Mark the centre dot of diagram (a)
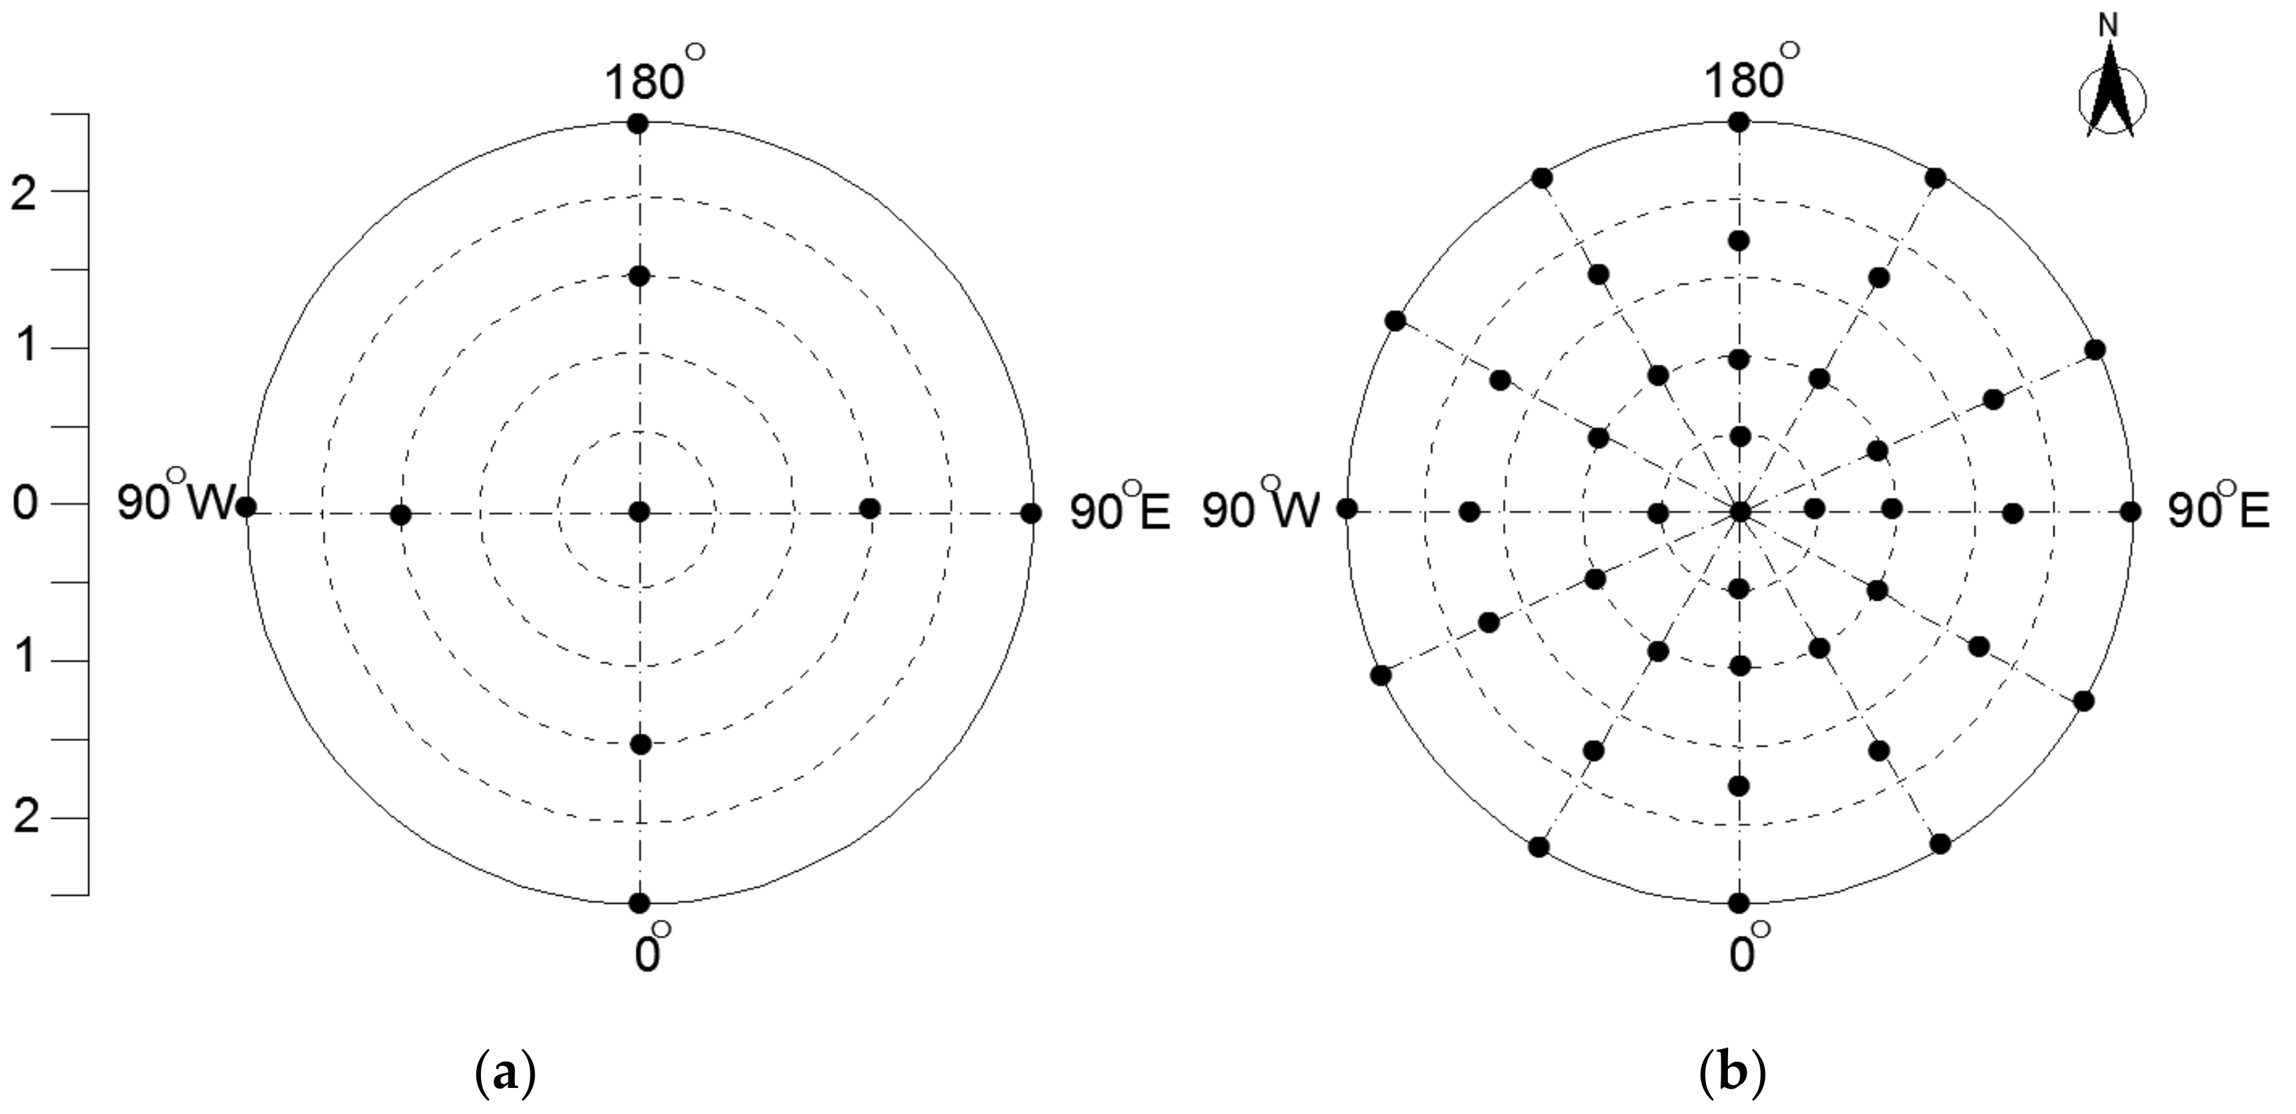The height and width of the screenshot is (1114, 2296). (639, 511)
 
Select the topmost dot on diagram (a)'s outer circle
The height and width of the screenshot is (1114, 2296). (638, 124)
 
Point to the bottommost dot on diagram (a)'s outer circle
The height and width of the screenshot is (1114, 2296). (639, 903)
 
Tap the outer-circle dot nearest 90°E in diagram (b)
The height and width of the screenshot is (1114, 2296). (2130, 511)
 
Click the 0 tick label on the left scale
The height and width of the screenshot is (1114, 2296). (25, 504)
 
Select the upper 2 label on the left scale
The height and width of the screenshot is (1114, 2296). (25, 193)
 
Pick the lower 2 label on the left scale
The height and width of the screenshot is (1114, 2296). (25, 818)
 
